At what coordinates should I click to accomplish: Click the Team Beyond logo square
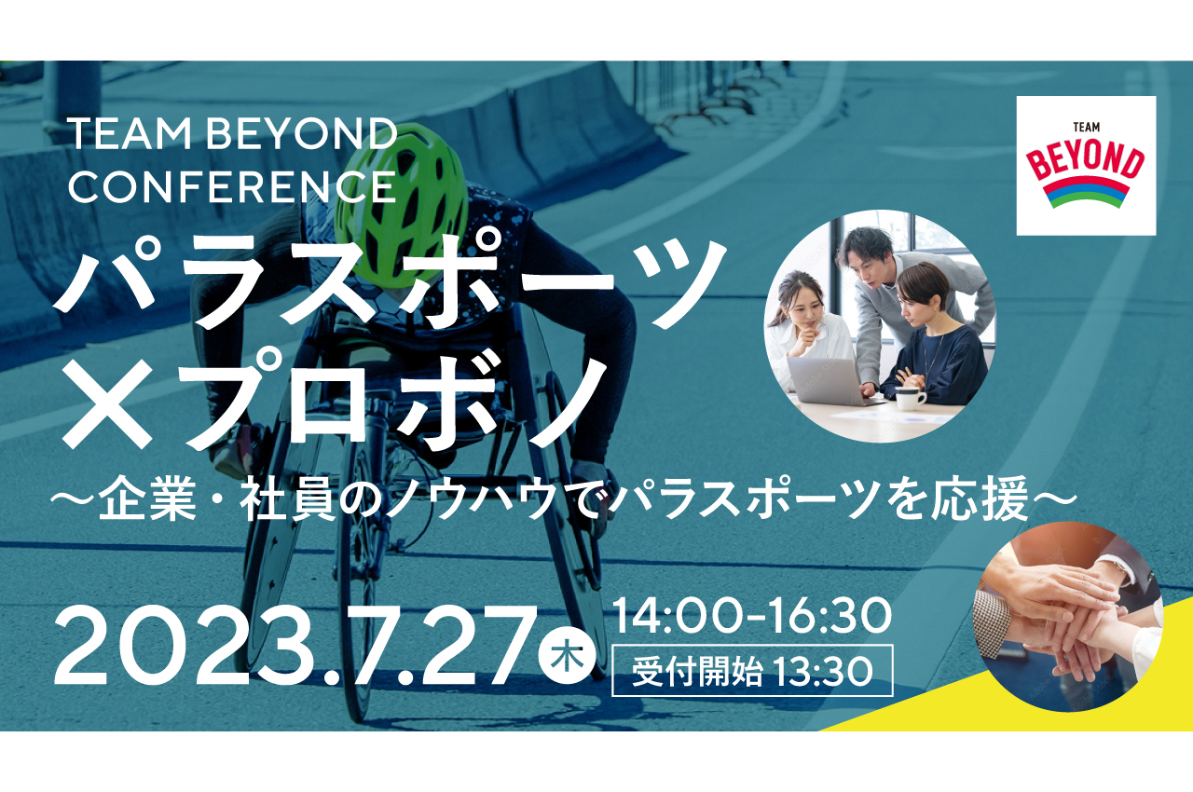1086,165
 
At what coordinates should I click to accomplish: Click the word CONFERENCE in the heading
232,187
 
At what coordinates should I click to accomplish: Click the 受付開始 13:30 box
752,671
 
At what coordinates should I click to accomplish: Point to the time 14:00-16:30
752,616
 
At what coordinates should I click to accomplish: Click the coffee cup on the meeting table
909,398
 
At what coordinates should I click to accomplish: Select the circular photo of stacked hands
1067,615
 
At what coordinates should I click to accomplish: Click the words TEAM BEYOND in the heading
232,136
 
